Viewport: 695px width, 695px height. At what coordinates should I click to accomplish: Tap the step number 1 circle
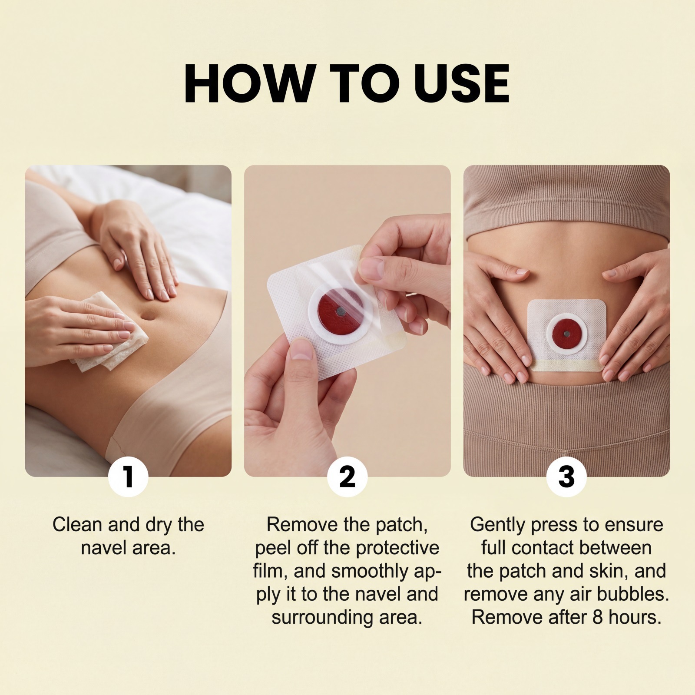coord(128,477)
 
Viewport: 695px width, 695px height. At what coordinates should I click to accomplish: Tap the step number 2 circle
coord(347,477)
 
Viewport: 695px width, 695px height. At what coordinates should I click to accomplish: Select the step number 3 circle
coord(566,477)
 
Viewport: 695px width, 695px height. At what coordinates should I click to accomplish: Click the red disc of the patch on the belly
coord(566,334)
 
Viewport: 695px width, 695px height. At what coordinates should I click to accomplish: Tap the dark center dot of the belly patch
coord(566,334)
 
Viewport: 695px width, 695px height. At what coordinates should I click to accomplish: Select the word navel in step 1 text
coord(103,548)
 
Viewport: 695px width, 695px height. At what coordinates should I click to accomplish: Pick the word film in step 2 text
coord(268,571)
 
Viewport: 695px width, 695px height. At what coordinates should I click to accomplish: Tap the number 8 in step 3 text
coord(598,618)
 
